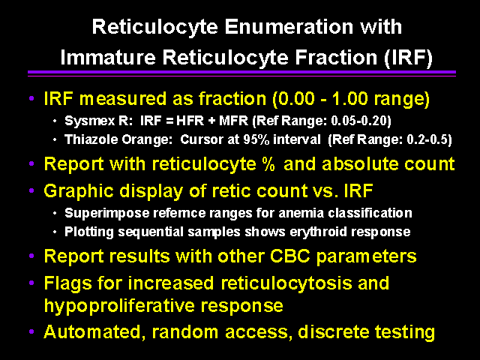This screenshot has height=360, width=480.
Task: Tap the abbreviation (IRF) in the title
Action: [408, 58]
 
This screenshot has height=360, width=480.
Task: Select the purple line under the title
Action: [241, 73]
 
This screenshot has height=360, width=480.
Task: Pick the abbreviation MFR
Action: [233, 121]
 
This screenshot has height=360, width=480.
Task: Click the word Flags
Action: [67, 283]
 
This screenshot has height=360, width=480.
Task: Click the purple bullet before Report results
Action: [31, 256]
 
